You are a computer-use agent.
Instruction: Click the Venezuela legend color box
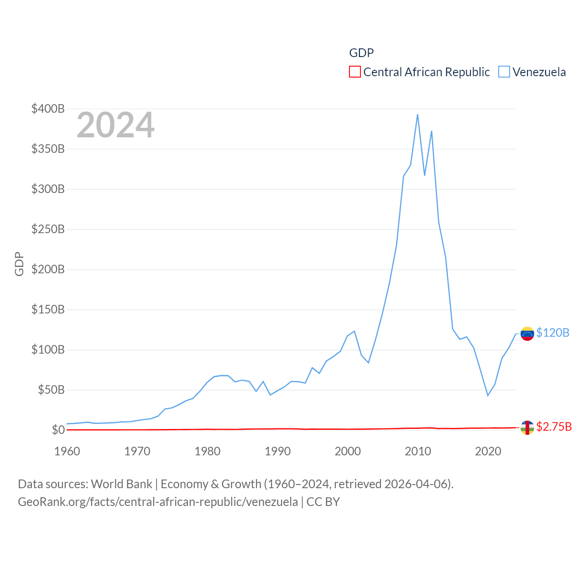[x=504, y=72]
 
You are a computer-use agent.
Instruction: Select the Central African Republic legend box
[x=355, y=72]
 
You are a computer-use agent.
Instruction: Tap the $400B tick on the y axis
[x=48, y=109]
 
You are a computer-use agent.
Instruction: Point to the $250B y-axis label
[x=48, y=229]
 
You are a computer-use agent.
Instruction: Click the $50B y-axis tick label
[x=51, y=390]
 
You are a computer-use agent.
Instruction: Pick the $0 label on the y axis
[x=58, y=430]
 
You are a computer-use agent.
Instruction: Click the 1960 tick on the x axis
[x=67, y=451]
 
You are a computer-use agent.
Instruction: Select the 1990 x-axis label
[x=277, y=451]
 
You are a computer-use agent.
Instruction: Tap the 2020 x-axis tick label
[x=488, y=451]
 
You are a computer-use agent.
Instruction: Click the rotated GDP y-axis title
[x=19, y=264]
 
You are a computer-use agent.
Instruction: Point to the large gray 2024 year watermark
[x=115, y=125]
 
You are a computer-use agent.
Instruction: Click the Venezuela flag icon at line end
[x=527, y=334]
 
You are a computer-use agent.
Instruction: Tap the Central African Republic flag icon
[x=527, y=428]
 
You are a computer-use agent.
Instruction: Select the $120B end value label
[x=553, y=333]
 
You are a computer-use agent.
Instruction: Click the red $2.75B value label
[x=554, y=427]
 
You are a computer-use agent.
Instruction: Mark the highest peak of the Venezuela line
[x=417, y=115]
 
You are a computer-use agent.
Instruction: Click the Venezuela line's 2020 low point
[x=488, y=395]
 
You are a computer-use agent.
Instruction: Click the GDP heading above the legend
[x=361, y=53]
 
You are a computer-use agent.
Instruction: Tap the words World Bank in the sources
[x=121, y=484]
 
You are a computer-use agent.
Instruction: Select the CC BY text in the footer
[x=323, y=502]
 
